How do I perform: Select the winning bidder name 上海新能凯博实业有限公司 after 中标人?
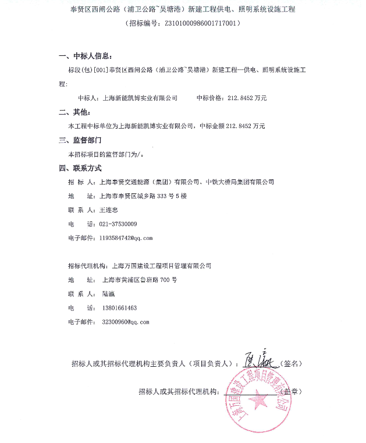[x=140, y=98]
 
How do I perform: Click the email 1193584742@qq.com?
[x=126, y=238]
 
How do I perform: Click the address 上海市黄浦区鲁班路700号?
[x=139, y=279]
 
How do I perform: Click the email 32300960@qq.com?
[x=125, y=321]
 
